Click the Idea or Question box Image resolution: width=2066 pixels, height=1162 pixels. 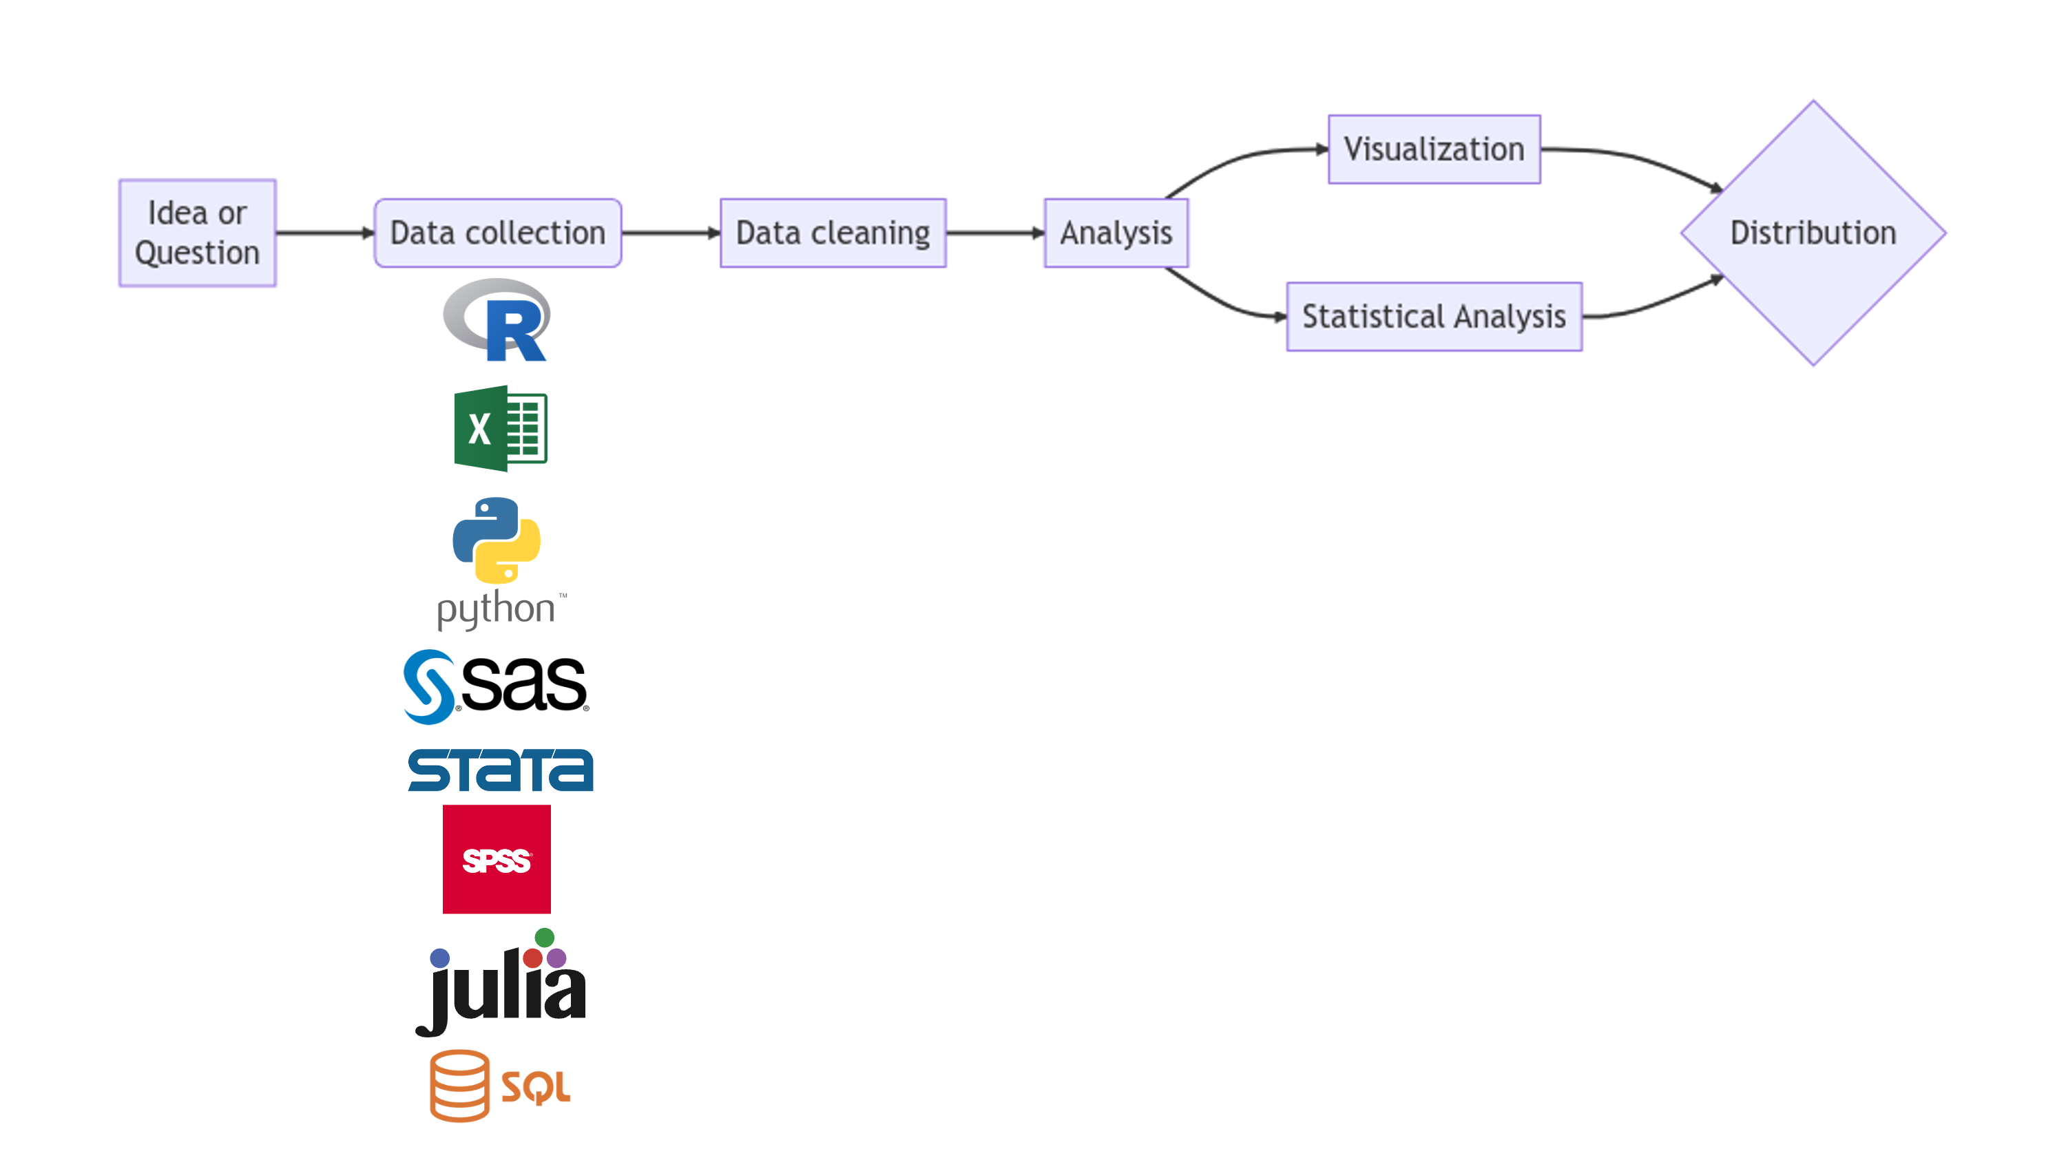(x=197, y=233)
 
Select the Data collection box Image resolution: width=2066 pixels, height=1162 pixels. (x=497, y=233)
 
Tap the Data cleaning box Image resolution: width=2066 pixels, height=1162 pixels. (x=833, y=233)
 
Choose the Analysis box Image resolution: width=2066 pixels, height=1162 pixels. (x=1116, y=233)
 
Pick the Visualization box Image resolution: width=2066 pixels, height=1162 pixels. (x=1434, y=149)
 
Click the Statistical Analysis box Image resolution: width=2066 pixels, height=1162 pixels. (x=1434, y=316)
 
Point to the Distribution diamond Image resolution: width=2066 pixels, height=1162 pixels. (x=1813, y=233)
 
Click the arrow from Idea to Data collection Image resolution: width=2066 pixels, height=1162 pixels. (x=325, y=233)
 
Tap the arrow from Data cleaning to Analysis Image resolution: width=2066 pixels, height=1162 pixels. (x=994, y=233)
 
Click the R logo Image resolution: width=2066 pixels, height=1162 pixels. (x=497, y=320)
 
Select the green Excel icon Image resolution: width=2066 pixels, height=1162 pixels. (x=501, y=428)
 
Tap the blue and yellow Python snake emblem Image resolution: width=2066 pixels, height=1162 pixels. (x=497, y=540)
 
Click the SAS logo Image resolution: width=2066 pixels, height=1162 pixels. (x=497, y=686)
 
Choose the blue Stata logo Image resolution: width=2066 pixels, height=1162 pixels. (x=501, y=770)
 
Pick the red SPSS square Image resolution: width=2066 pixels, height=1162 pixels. (x=497, y=859)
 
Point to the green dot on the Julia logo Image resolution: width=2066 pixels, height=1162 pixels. (x=545, y=937)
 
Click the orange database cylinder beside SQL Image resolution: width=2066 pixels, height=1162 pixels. (x=459, y=1085)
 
